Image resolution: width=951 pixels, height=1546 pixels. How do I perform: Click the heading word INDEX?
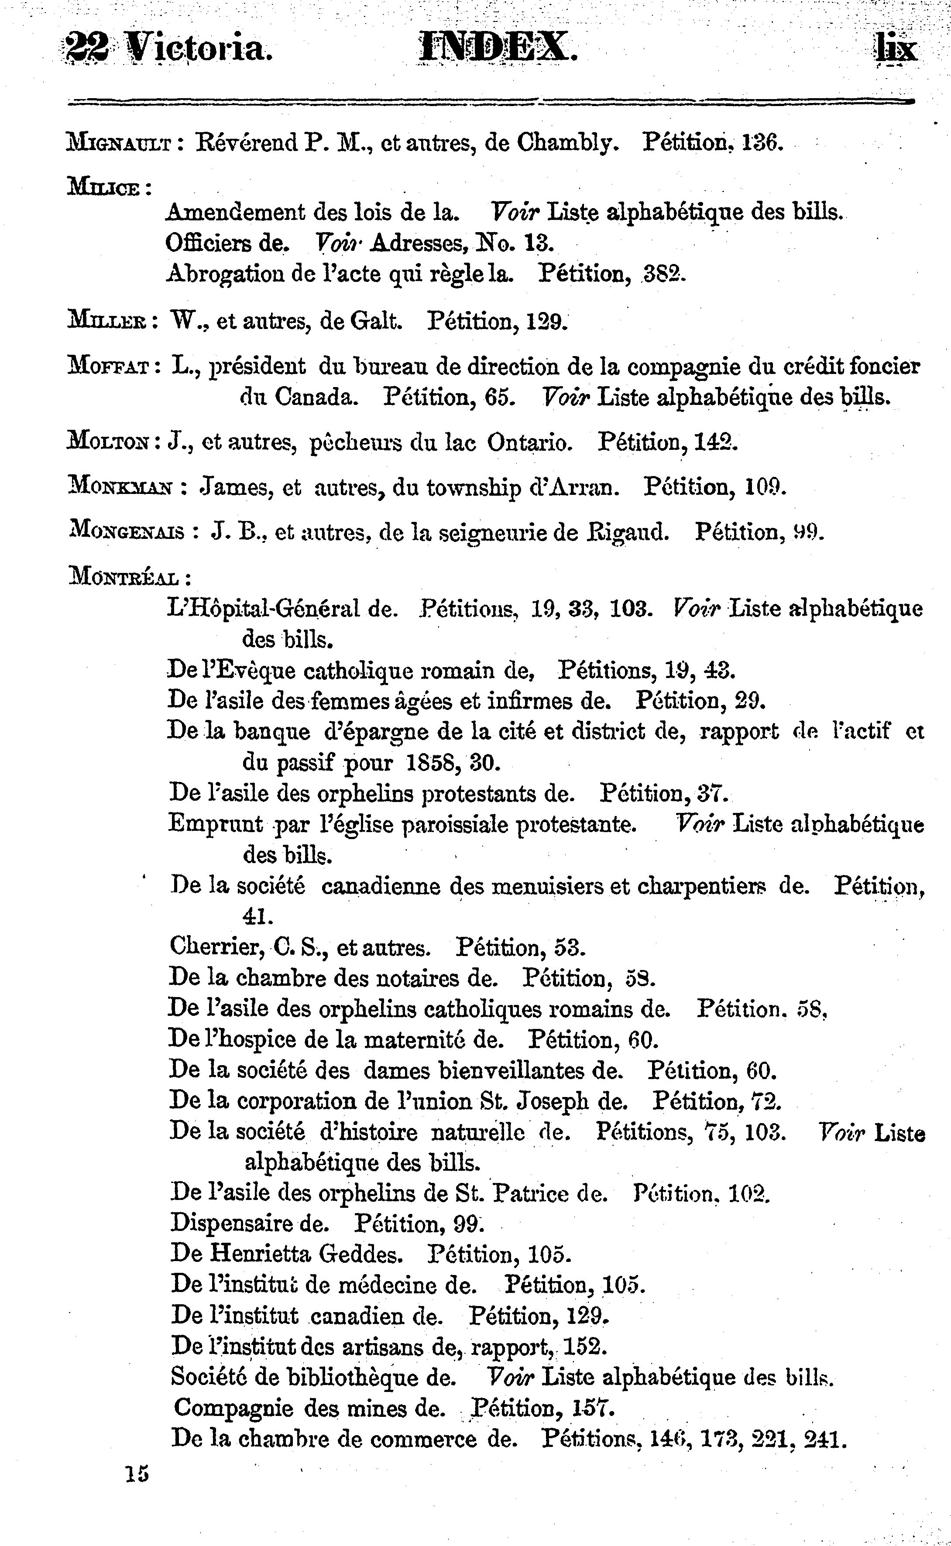pyautogui.click(x=497, y=48)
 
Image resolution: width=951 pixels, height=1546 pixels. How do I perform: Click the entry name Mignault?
pyautogui.click(x=120, y=144)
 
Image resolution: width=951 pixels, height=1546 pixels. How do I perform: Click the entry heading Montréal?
pyautogui.click(x=124, y=576)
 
